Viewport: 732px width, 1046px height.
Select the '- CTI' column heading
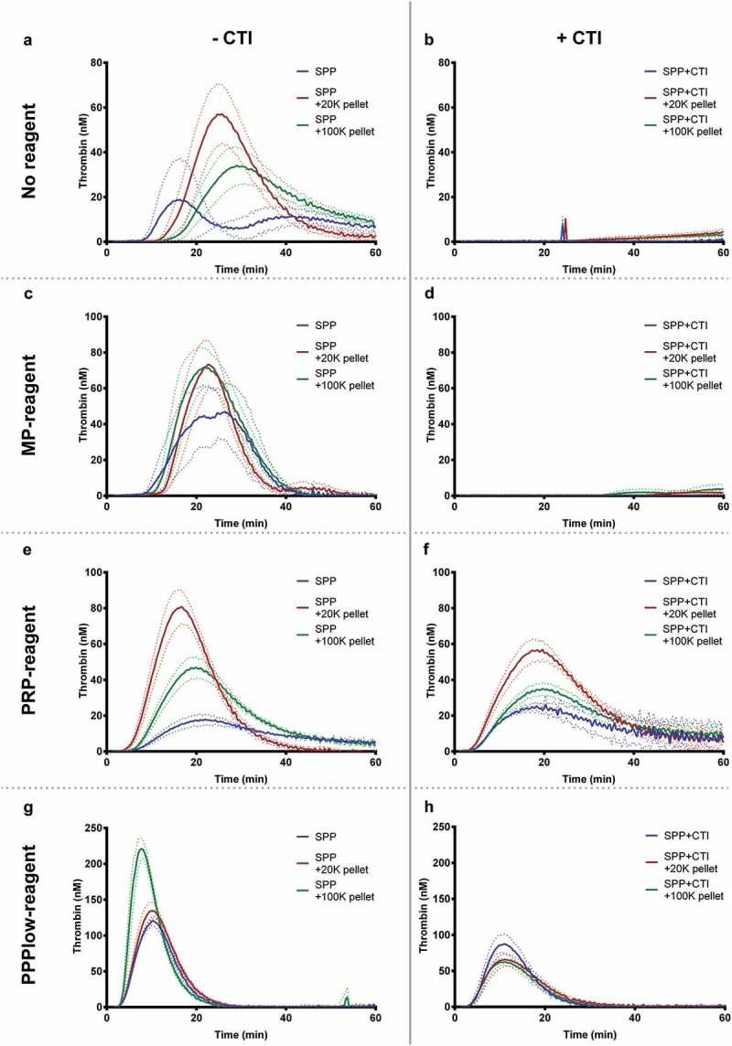click(x=221, y=41)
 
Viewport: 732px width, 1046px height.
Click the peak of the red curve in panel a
click(x=220, y=114)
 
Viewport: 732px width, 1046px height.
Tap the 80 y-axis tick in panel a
click(x=97, y=63)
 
